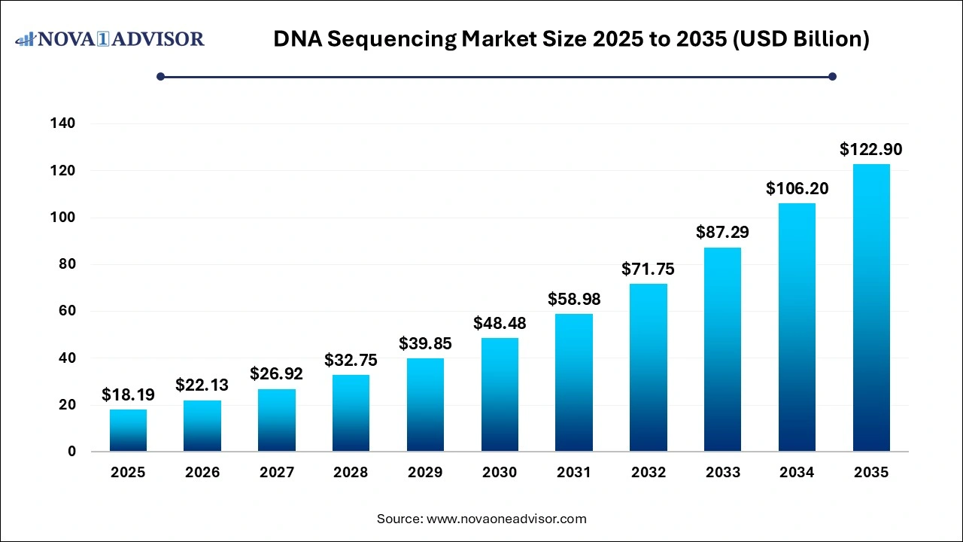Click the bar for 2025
tap(128, 431)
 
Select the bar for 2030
tap(500, 394)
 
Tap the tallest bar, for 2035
tap(871, 308)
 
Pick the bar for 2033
tap(722, 349)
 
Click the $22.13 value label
tap(202, 385)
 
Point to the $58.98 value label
tap(574, 299)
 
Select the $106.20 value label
tap(797, 188)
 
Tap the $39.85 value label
tap(425, 343)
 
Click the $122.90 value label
tap(870, 149)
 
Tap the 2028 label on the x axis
tap(351, 473)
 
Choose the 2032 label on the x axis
tap(649, 473)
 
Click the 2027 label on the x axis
tap(276, 473)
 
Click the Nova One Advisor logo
tap(110, 39)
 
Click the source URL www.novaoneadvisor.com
tap(506, 519)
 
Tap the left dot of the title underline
tap(160, 76)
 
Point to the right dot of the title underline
tap(832, 76)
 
